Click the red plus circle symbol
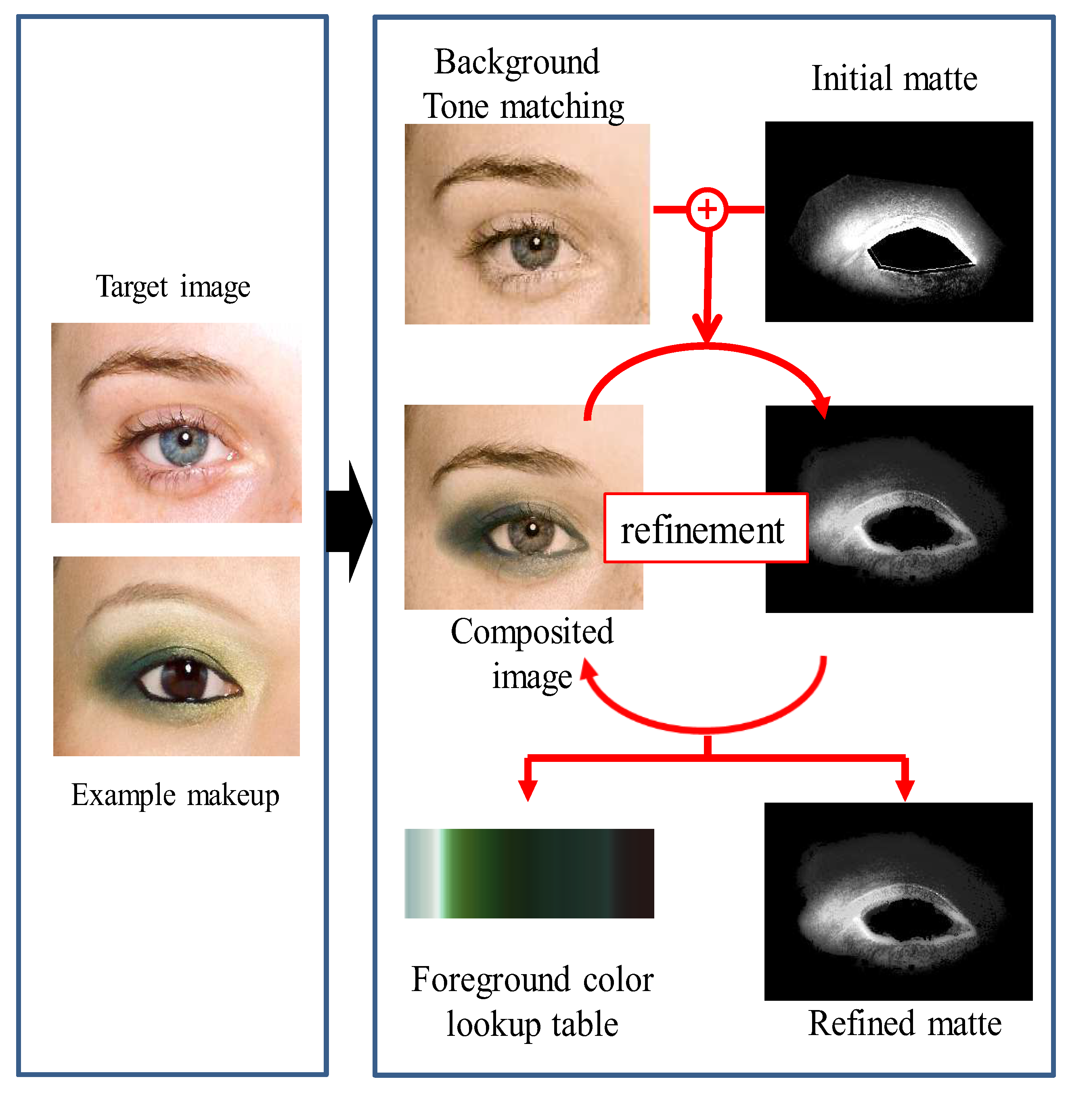click(707, 209)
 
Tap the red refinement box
click(705, 527)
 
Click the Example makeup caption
click(175, 795)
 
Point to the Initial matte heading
click(894, 79)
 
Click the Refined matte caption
click(904, 1024)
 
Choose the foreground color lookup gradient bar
click(529, 873)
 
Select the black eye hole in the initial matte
click(920, 250)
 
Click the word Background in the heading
click(517, 62)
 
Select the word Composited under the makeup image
click(532, 632)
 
